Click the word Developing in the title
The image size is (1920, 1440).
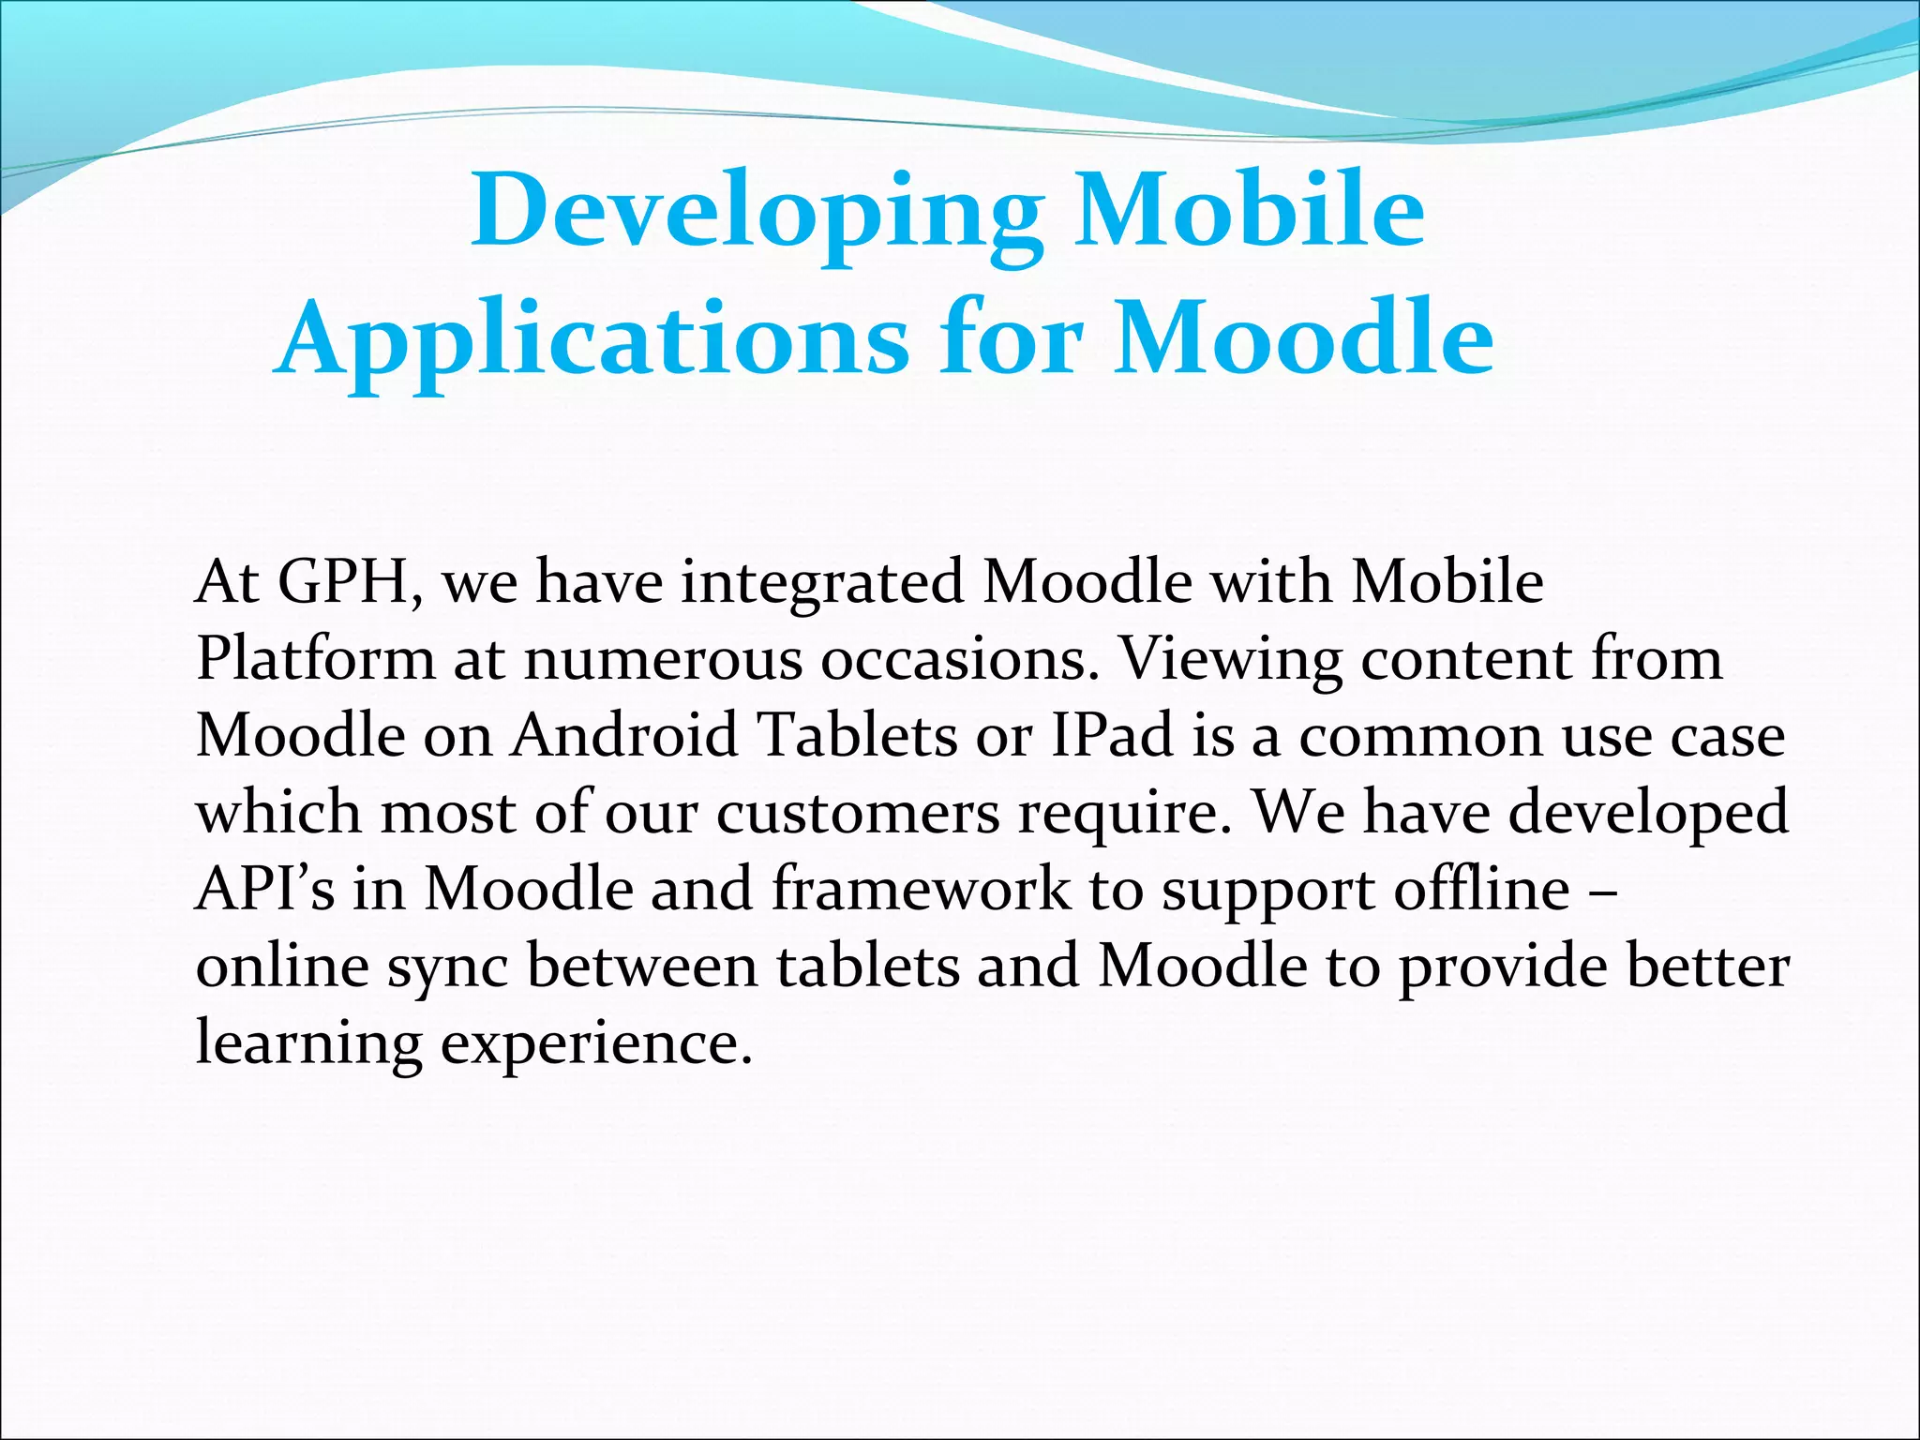756,212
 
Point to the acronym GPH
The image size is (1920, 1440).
350,582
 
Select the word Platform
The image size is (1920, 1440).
316,660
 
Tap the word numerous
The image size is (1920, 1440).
662,660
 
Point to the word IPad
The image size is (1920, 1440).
1112,736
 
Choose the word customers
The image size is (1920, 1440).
859,813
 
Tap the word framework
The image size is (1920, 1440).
921,889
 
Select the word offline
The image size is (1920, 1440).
1481,889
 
